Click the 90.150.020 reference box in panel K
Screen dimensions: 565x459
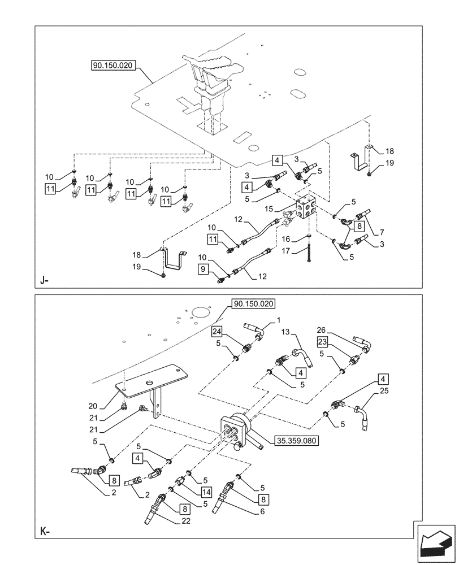[x=253, y=304]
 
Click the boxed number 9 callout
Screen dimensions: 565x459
[x=203, y=271]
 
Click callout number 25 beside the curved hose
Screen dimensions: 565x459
[x=384, y=390]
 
